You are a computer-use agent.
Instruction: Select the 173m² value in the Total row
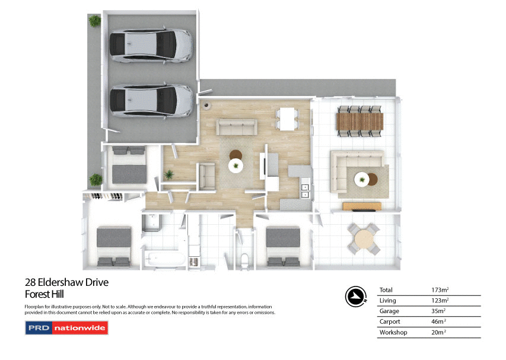(439, 290)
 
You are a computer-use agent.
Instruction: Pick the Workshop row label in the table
(393, 333)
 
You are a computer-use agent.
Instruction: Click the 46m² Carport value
(438, 322)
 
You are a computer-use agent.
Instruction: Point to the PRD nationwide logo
(65, 328)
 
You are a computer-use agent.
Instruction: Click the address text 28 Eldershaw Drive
(66, 282)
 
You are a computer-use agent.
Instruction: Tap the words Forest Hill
(44, 294)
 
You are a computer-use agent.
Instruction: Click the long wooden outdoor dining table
(359, 122)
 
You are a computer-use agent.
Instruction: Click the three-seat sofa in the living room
(236, 127)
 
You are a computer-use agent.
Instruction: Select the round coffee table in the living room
(237, 166)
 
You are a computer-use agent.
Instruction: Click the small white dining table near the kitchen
(288, 119)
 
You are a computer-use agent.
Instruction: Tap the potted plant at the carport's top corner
(95, 21)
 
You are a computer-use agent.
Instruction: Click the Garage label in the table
(389, 311)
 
